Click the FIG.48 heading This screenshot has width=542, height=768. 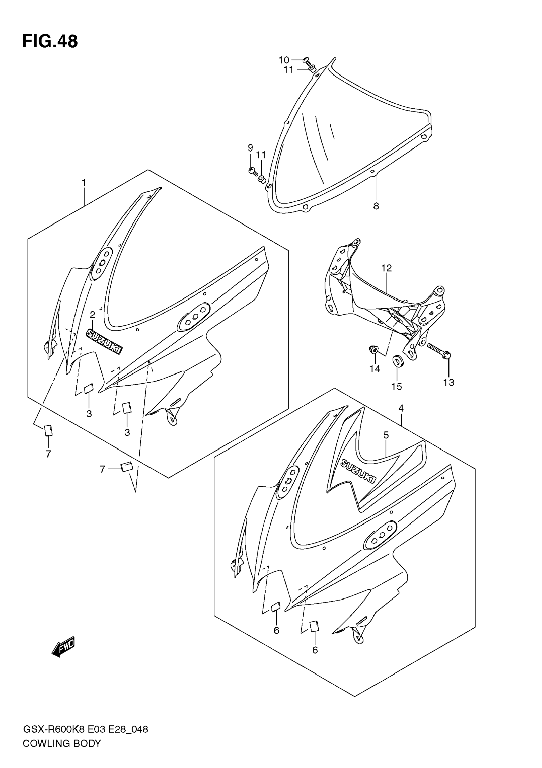coord(50,42)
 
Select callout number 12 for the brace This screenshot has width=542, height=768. coord(386,268)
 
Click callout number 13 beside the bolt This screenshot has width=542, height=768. coord(449,382)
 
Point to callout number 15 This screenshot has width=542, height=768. coord(397,387)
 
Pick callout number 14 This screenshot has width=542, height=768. coord(374,369)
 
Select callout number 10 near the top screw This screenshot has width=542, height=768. coord(284,60)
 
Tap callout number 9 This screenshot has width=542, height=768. coord(250,148)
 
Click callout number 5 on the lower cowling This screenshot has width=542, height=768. coord(386,435)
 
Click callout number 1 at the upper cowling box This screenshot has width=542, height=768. coord(84,183)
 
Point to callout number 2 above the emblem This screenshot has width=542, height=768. coord(92,315)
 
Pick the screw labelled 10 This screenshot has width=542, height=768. coord(307,61)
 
